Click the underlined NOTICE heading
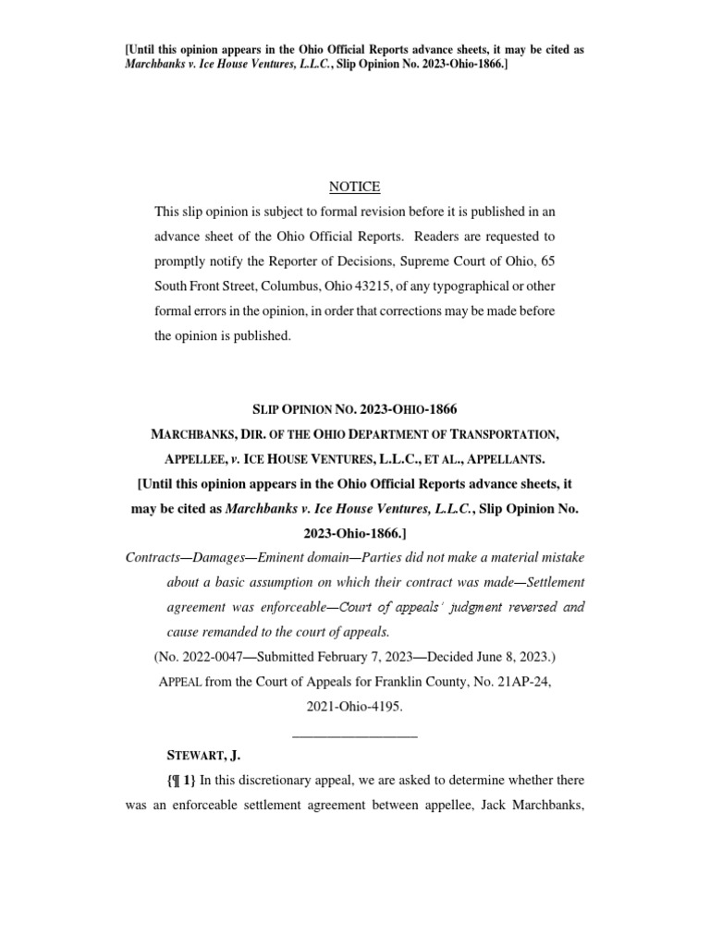355,187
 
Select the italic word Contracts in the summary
152,558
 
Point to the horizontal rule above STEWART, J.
355,736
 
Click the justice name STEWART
192,756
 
